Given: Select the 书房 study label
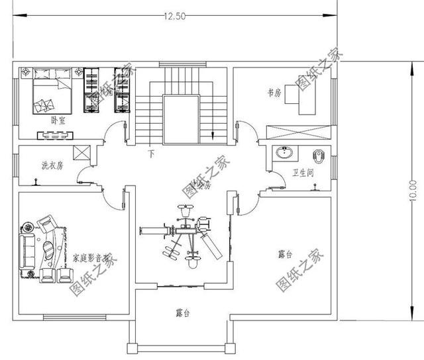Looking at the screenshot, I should point(274,94).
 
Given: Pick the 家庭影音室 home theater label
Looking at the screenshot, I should point(91,257).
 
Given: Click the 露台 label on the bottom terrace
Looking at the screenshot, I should point(184,312).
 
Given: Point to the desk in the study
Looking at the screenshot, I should point(307,103).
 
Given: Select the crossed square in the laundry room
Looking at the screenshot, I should point(82,152).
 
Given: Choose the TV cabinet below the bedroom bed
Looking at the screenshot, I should point(54,135).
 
